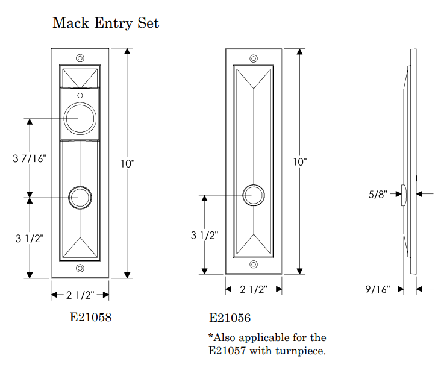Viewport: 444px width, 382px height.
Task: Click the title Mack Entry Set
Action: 105,23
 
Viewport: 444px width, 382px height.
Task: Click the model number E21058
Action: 91,317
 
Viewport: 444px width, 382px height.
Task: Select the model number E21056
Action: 230,318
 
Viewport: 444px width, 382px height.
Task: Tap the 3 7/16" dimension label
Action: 30,158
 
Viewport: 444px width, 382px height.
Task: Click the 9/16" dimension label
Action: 378,289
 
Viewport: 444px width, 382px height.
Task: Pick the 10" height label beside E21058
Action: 127,163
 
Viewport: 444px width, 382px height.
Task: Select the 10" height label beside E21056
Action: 300,162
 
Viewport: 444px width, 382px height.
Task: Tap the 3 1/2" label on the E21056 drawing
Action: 205,236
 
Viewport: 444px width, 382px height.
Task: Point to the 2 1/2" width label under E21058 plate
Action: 80,295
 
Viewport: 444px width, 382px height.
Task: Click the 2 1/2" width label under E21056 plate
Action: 254,290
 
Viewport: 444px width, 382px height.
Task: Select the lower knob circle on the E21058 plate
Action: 80,197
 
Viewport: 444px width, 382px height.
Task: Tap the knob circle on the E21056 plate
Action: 254,195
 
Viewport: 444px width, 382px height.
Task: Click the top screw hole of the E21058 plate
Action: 80,58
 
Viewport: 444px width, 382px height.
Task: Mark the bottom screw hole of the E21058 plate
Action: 80,269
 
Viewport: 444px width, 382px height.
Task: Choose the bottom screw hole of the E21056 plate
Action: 254,265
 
